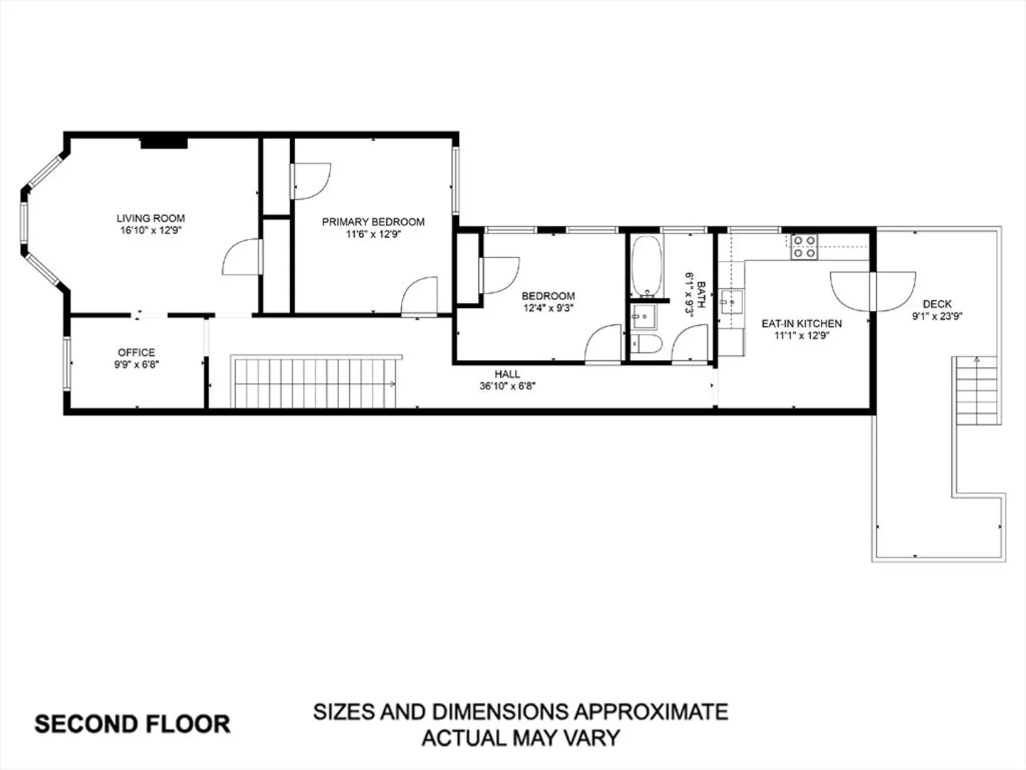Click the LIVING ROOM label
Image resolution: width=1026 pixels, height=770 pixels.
(150, 218)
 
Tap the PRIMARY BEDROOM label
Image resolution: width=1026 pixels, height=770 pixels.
(373, 222)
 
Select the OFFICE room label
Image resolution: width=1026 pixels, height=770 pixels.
(137, 352)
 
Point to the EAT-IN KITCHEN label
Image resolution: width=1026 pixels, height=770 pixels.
(802, 324)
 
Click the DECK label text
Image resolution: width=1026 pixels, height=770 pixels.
(937, 304)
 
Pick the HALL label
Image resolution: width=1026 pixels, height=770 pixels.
(507, 374)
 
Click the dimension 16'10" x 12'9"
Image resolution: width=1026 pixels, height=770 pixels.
(150, 230)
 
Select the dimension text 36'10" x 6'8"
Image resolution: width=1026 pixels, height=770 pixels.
(507, 386)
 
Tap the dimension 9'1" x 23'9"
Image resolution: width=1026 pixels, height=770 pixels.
(937, 317)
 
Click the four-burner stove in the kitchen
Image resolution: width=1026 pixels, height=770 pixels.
(804, 247)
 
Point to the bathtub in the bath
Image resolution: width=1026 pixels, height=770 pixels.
(647, 266)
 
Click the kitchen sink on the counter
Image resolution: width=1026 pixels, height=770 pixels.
(731, 302)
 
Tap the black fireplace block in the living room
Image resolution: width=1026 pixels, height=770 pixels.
(164, 143)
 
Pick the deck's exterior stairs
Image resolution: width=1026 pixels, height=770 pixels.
(977, 391)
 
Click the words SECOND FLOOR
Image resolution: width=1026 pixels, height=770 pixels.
(133, 724)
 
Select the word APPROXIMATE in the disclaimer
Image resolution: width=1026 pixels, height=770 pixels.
(651, 712)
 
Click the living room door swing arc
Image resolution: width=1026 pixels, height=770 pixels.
(234, 250)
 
